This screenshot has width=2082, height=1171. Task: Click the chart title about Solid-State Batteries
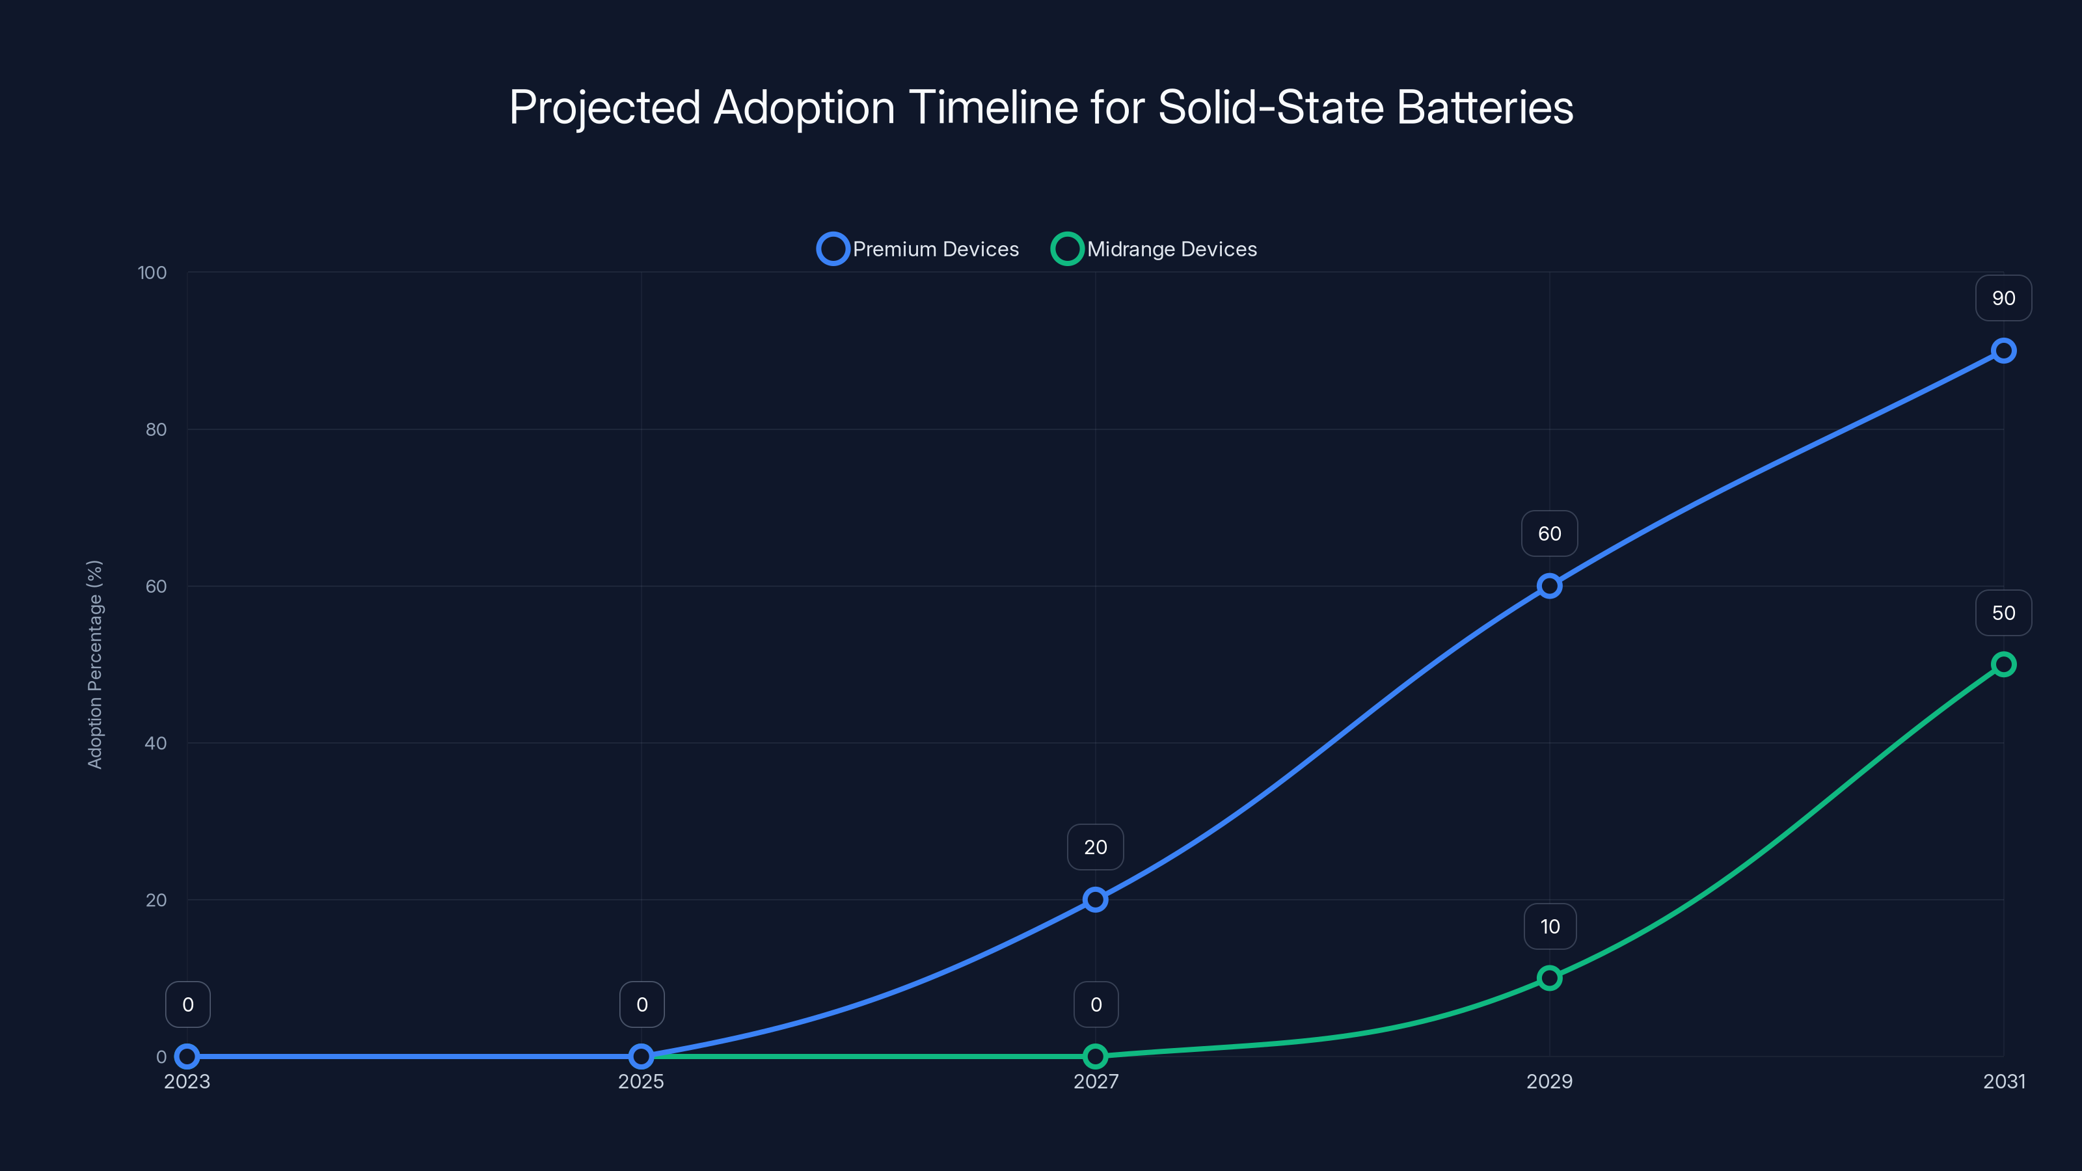click(1041, 107)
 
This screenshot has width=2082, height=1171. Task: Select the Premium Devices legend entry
click(918, 249)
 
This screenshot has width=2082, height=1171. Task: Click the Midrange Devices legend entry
click(1154, 249)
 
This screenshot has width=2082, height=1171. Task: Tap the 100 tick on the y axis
click(152, 273)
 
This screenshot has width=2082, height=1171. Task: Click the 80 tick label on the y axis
click(155, 429)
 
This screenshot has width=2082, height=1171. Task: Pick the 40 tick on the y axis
click(155, 743)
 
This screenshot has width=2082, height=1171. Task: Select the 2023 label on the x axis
click(187, 1081)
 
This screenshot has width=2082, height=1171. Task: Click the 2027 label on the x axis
click(1095, 1081)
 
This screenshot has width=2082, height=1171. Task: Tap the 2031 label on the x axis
click(2004, 1081)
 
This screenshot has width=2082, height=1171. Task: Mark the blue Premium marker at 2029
click(1548, 586)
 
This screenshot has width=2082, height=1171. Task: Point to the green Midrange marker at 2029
click(1548, 978)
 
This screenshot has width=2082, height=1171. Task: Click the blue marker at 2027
click(1095, 900)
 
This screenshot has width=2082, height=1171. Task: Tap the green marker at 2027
click(1095, 1057)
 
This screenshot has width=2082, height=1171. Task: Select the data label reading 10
click(1549, 926)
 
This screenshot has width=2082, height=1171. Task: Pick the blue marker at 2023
click(187, 1057)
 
